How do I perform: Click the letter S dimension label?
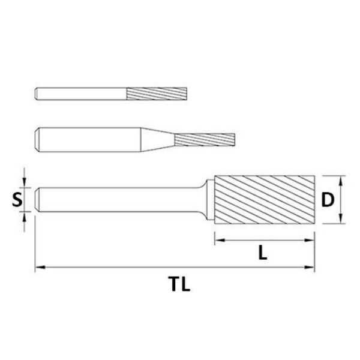pos(17,199)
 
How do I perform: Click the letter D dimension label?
pos(327,199)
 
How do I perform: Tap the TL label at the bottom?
pos(179,284)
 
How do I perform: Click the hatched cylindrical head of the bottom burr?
pos(264,199)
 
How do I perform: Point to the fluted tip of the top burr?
pos(157,94)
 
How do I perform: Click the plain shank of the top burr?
pos(81,94)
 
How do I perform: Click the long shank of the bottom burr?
pos(120,199)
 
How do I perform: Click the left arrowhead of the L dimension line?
pos(218,241)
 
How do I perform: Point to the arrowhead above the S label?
pos(24,183)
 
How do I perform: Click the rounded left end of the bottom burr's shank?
pos(38,199)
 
